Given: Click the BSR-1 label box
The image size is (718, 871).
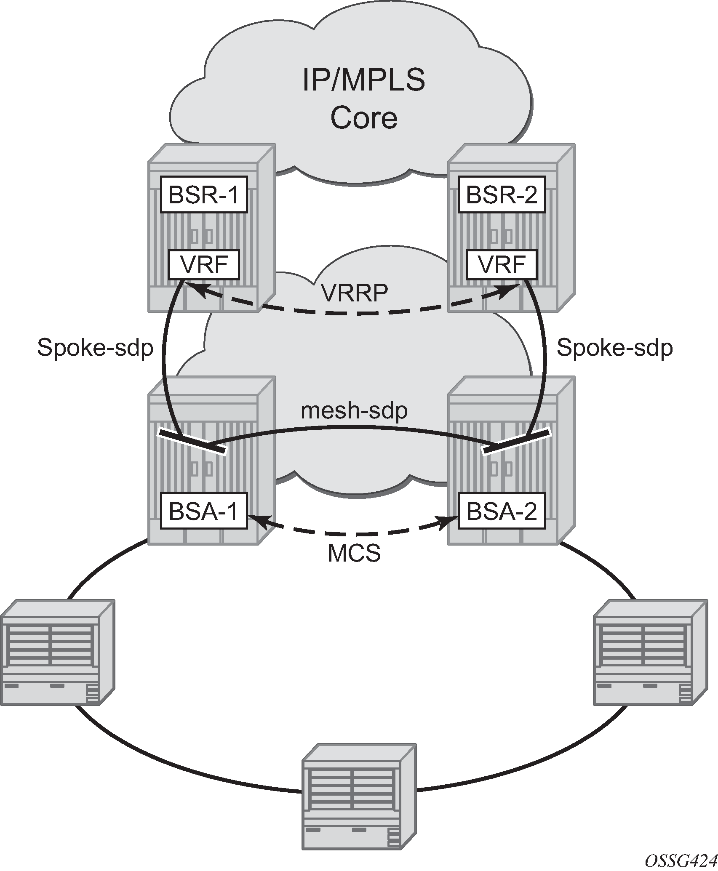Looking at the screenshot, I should [x=204, y=194].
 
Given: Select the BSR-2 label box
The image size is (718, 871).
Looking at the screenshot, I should [x=502, y=194].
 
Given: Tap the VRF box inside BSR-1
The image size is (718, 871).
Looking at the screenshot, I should [x=204, y=265].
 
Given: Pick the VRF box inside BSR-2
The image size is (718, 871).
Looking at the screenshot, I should [x=502, y=265].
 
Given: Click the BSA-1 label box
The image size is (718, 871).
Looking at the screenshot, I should [x=204, y=511].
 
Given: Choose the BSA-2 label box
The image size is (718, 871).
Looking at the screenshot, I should [x=502, y=511].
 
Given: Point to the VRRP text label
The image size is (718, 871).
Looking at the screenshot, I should [x=355, y=292].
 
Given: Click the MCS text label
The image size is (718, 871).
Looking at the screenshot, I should [x=354, y=554].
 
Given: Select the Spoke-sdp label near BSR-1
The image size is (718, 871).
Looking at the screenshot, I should [x=95, y=348].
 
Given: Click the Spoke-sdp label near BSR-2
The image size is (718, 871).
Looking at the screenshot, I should [x=614, y=348].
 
